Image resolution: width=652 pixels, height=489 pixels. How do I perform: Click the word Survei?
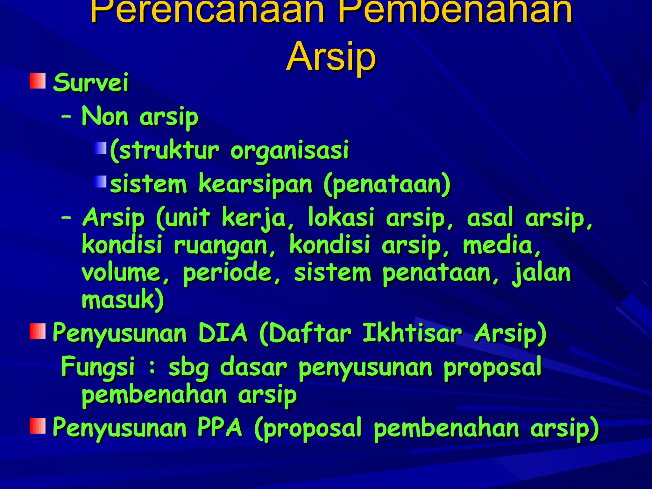[91, 82]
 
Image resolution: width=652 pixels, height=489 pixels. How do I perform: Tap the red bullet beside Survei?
[38, 81]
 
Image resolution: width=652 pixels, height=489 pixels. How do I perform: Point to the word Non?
[105, 116]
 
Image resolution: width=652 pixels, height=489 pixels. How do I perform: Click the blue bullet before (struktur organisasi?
[100, 148]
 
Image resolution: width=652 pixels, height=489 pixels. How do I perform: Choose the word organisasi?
[290, 151]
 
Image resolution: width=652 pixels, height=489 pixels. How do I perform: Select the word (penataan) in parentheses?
[387, 184]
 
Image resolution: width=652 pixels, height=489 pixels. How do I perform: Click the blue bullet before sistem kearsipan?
[100, 182]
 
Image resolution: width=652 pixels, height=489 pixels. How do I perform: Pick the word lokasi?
[341, 218]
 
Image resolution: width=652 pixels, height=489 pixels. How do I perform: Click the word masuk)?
[123, 300]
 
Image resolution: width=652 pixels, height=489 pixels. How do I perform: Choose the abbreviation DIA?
[223, 333]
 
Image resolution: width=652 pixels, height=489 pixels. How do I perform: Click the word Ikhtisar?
[412, 333]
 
